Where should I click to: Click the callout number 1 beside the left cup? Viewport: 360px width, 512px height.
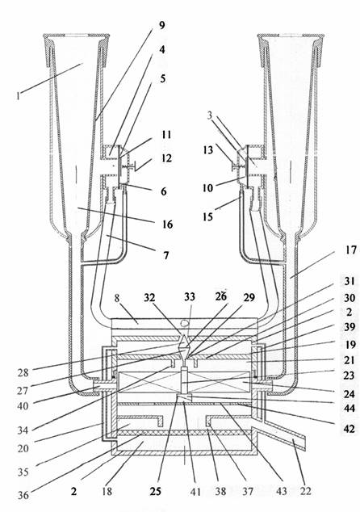19,95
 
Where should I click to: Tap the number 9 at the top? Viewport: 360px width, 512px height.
162,26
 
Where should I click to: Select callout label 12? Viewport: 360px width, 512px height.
167,158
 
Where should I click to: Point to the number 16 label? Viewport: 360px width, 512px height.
167,225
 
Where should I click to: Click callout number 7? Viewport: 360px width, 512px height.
166,254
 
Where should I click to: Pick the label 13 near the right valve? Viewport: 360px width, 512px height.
208,150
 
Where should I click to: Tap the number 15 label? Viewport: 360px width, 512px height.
208,216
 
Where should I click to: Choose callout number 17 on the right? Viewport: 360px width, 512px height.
351,251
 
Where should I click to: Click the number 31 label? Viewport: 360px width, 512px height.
350,281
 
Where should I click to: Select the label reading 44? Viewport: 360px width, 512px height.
350,408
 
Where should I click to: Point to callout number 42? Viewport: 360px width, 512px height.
350,429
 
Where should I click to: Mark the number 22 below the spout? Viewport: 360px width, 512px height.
305,490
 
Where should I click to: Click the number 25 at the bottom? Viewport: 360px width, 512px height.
155,491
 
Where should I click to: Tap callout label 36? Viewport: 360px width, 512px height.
23,495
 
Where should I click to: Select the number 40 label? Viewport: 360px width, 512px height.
23,406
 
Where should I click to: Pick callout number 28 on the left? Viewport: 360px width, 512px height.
23,372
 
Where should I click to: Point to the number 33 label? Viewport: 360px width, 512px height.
190,296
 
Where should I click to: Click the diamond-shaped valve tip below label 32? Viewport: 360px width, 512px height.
184,342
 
